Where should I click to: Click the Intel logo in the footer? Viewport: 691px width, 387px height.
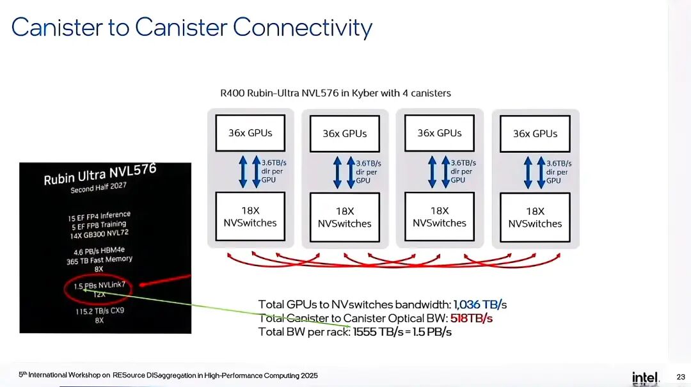click(645, 377)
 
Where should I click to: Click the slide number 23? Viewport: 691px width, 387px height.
click(680, 376)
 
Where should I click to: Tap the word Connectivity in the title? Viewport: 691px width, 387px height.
click(302, 28)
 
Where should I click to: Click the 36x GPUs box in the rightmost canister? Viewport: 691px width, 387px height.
click(535, 134)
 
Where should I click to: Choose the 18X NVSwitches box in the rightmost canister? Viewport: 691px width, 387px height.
click(535, 217)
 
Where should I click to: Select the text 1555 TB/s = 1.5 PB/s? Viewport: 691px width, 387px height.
click(402, 331)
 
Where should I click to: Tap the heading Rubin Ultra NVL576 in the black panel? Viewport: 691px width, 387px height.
click(100, 174)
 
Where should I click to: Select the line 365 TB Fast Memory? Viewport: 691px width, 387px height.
click(99, 260)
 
